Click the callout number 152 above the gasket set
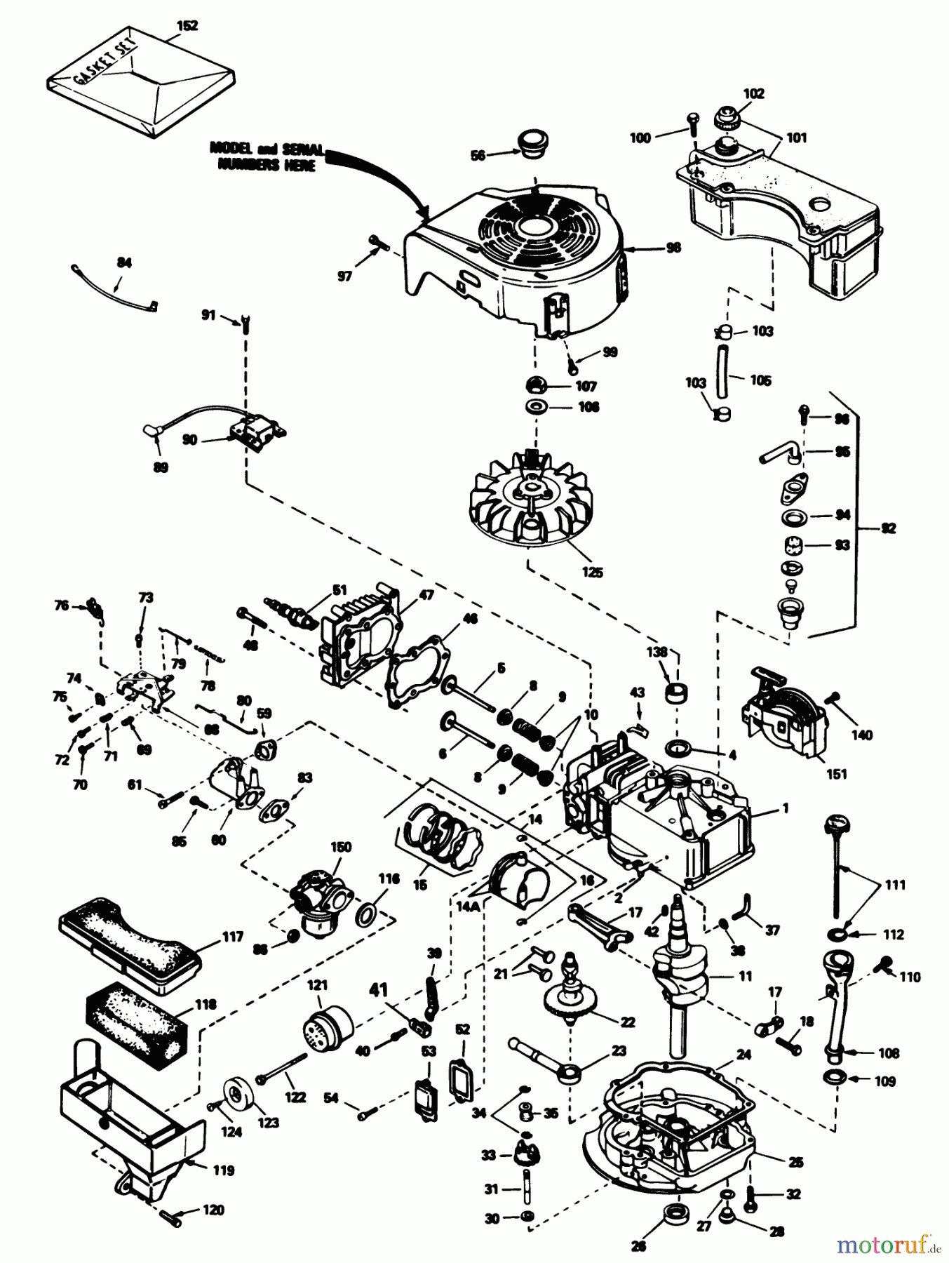188,26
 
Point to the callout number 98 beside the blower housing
673,248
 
